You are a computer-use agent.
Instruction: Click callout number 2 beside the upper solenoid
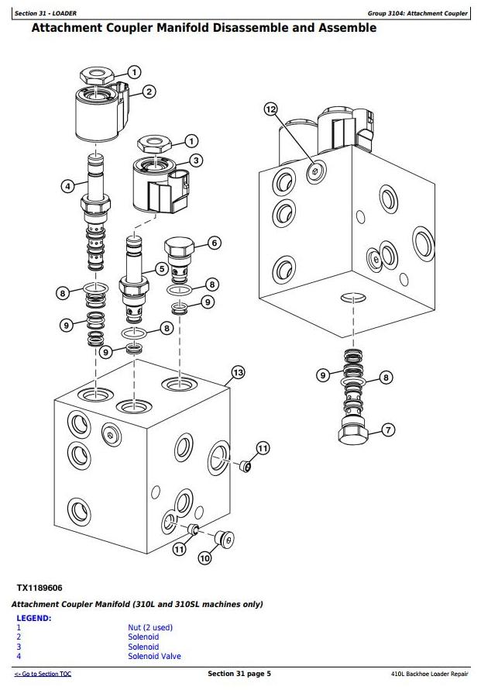(149, 91)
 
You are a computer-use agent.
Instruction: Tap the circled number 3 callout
(196, 160)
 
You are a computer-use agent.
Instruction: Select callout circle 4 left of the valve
(68, 185)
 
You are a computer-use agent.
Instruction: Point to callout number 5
(162, 268)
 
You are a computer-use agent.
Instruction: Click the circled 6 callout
(215, 243)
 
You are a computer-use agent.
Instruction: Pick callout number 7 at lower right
(388, 429)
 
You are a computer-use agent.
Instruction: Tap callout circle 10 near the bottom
(204, 558)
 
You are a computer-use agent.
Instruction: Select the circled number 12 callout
(270, 109)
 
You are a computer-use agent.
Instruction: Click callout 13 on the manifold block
(237, 373)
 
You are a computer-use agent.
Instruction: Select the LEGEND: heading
(34, 618)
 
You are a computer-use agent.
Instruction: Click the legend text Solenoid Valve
(154, 657)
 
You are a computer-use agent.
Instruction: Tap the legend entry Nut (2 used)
(150, 628)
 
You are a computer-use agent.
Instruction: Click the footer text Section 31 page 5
(239, 674)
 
